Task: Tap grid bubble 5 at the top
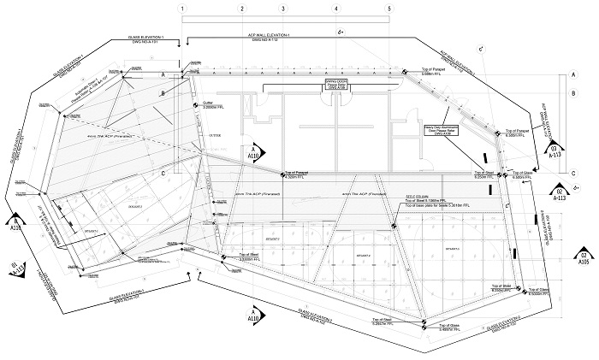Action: [x=389, y=8]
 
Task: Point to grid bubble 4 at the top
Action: [x=336, y=8]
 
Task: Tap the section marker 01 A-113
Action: [x=13, y=266]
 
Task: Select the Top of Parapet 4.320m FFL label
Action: [x=294, y=174]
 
